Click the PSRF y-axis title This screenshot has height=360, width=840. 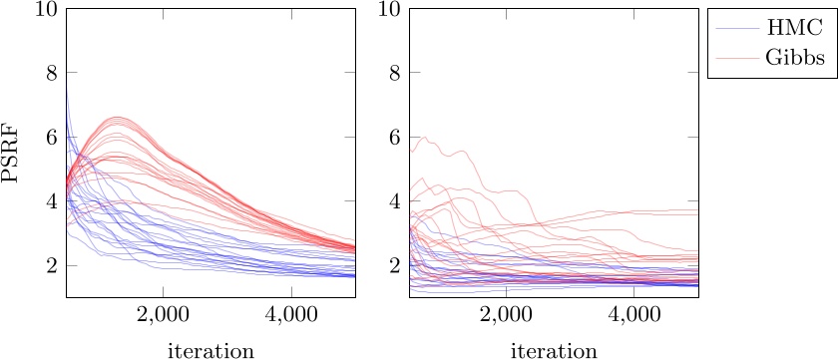[13, 153]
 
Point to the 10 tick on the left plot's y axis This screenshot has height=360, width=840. [46, 9]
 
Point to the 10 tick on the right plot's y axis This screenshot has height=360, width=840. [389, 9]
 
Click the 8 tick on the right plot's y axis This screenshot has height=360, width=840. [394, 73]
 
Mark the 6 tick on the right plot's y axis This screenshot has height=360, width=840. [394, 138]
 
